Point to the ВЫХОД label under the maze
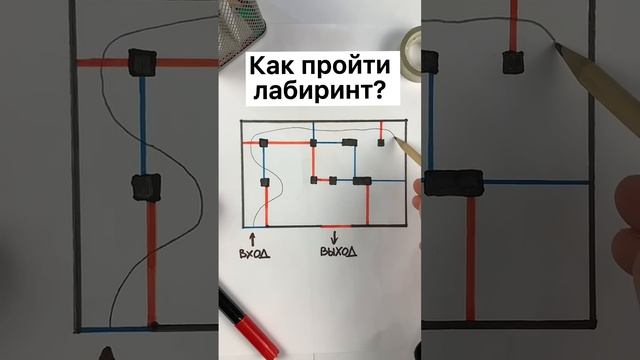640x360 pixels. pyautogui.click(x=338, y=251)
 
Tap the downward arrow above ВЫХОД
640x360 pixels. pyautogui.click(x=335, y=236)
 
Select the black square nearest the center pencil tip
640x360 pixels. pyautogui.click(x=381, y=144)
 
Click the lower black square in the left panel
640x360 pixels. pyautogui.click(x=146, y=186)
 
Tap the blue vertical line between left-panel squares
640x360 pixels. pyautogui.click(x=143, y=125)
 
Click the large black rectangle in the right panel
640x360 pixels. pyautogui.click(x=453, y=183)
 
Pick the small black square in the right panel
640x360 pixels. pyautogui.click(x=513, y=62)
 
